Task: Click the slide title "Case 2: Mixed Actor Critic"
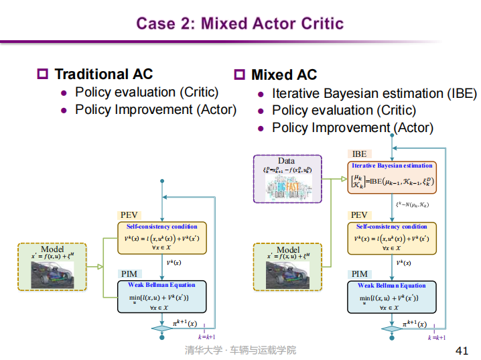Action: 240,24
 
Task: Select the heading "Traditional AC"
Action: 103,74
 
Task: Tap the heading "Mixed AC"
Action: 284,75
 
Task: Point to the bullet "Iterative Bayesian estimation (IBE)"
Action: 374,94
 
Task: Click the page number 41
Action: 462,351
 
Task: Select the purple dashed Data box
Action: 287,178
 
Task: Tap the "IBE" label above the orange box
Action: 360,154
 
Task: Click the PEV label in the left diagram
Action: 130,215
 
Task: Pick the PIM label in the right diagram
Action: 360,274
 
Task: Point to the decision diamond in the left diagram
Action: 161,328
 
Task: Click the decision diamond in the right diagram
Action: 391,328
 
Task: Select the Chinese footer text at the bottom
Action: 240,351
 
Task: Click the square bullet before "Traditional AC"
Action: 44,74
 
